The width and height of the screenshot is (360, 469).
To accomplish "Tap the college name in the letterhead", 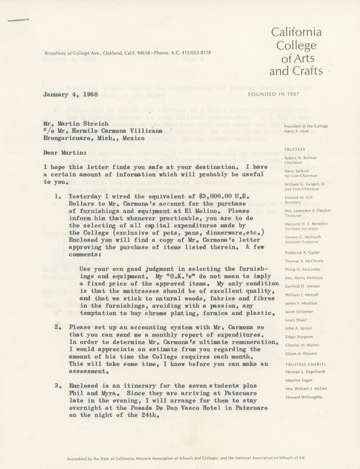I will point(296,51).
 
